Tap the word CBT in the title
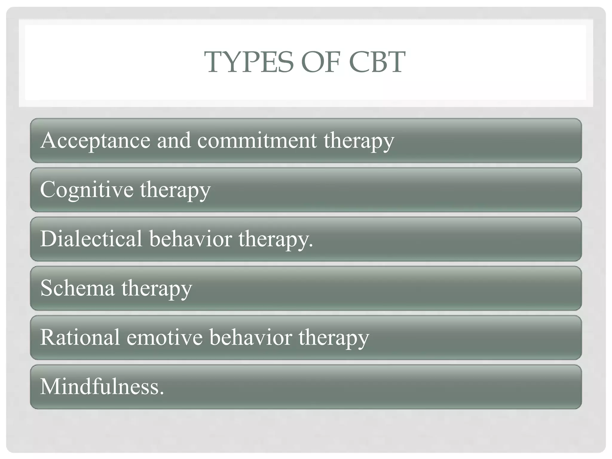pos(377,62)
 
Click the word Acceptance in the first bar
pos(95,140)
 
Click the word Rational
pos(79,337)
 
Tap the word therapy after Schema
pos(157,289)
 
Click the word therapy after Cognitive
pos(175,190)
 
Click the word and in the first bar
pos(174,140)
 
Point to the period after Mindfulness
pos(162,393)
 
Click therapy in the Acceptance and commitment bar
pos(359,141)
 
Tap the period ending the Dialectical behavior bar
pos(311,245)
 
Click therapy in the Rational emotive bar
pos(333,338)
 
